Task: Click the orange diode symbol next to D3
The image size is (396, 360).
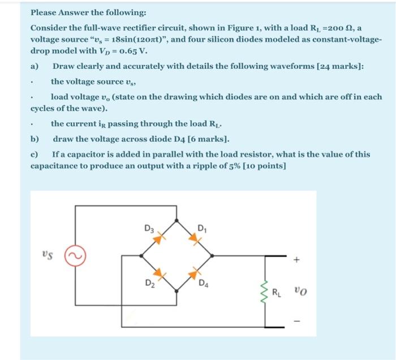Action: [160, 238]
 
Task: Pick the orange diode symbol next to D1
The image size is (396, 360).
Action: [195, 238]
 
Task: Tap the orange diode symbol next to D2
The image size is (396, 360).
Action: [160, 275]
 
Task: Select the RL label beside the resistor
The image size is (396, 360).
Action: [277, 293]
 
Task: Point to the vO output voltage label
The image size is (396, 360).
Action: [300, 292]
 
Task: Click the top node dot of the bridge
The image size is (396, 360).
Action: [178, 219]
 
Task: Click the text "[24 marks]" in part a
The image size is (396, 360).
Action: [339, 66]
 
